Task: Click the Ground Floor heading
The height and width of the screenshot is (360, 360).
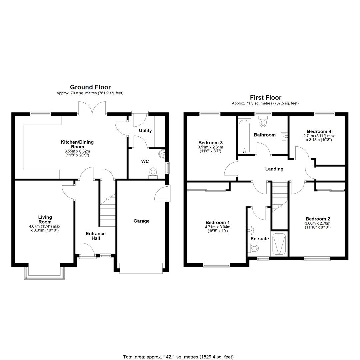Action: click(90, 87)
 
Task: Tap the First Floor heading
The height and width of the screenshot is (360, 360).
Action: click(266, 98)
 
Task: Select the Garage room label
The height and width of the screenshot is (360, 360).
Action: click(141, 221)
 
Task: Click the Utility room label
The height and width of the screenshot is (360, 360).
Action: click(145, 131)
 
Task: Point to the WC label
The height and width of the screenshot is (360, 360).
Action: click(145, 161)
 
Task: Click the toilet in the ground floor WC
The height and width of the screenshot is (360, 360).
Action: click(153, 173)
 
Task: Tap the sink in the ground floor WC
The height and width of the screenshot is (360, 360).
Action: click(162, 153)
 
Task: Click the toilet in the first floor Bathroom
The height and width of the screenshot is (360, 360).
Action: click(263, 121)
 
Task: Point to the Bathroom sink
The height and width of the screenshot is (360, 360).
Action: click(284, 137)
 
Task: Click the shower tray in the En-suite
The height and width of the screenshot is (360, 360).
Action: click(279, 244)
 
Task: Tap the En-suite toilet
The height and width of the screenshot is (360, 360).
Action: click(253, 248)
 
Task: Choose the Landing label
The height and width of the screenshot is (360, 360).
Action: click(274, 169)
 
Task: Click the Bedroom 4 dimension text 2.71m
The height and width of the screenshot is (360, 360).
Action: click(308, 136)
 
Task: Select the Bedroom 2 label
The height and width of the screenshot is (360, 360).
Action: click(318, 219)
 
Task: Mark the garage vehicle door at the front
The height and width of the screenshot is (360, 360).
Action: click(141, 268)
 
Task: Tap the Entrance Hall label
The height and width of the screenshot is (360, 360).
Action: click(96, 236)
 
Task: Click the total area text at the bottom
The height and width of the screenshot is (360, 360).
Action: click(178, 357)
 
